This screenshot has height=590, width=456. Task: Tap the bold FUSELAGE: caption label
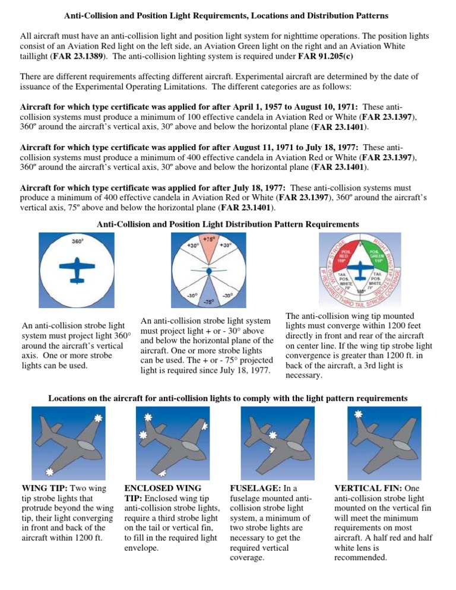click(246, 489)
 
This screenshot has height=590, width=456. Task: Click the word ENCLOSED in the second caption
click(142, 489)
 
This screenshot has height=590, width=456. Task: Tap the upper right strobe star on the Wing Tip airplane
click(98, 418)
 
